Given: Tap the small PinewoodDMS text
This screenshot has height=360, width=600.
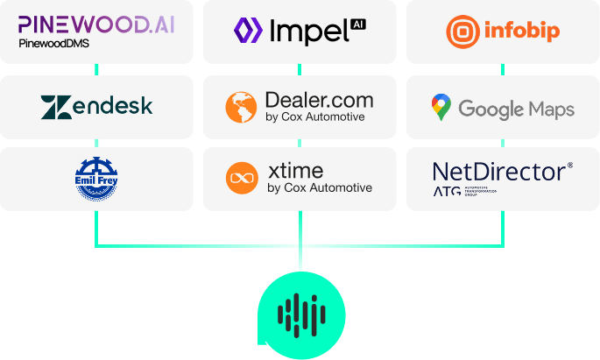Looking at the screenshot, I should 53,43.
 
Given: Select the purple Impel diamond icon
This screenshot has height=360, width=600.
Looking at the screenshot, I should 248,32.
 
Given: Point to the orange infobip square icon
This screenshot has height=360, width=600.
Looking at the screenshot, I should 462,32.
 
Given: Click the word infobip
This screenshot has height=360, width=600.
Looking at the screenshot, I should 523,32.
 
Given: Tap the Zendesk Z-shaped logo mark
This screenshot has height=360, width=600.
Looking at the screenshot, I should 55,107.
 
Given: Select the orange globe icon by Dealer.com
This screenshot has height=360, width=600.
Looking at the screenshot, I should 242,107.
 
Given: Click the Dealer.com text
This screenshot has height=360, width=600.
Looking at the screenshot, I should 319,100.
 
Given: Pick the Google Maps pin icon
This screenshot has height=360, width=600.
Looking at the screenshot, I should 441,108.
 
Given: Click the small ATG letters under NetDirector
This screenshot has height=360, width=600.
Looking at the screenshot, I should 447,191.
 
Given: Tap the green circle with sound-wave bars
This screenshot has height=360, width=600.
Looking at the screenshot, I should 300,313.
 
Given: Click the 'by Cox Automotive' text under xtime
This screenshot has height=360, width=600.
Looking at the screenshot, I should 319,187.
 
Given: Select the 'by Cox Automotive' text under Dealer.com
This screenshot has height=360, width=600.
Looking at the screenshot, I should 315,116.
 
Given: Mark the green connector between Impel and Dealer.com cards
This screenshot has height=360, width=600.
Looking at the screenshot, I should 300,69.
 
